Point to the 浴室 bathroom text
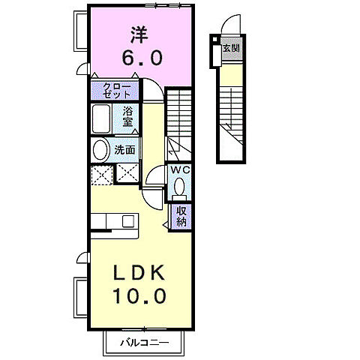pyautogui.click(x=128, y=118)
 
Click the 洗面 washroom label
pyautogui.click(x=125, y=149)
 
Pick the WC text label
pyautogui.click(x=179, y=170)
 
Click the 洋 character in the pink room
pyautogui.click(x=139, y=34)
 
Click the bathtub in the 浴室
pyautogui.click(x=103, y=118)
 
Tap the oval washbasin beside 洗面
pyautogui.click(x=100, y=149)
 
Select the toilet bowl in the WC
pyautogui.click(x=178, y=190)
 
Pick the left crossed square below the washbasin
pyautogui.click(x=100, y=175)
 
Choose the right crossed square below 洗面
pyautogui.click(x=125, y=175)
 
